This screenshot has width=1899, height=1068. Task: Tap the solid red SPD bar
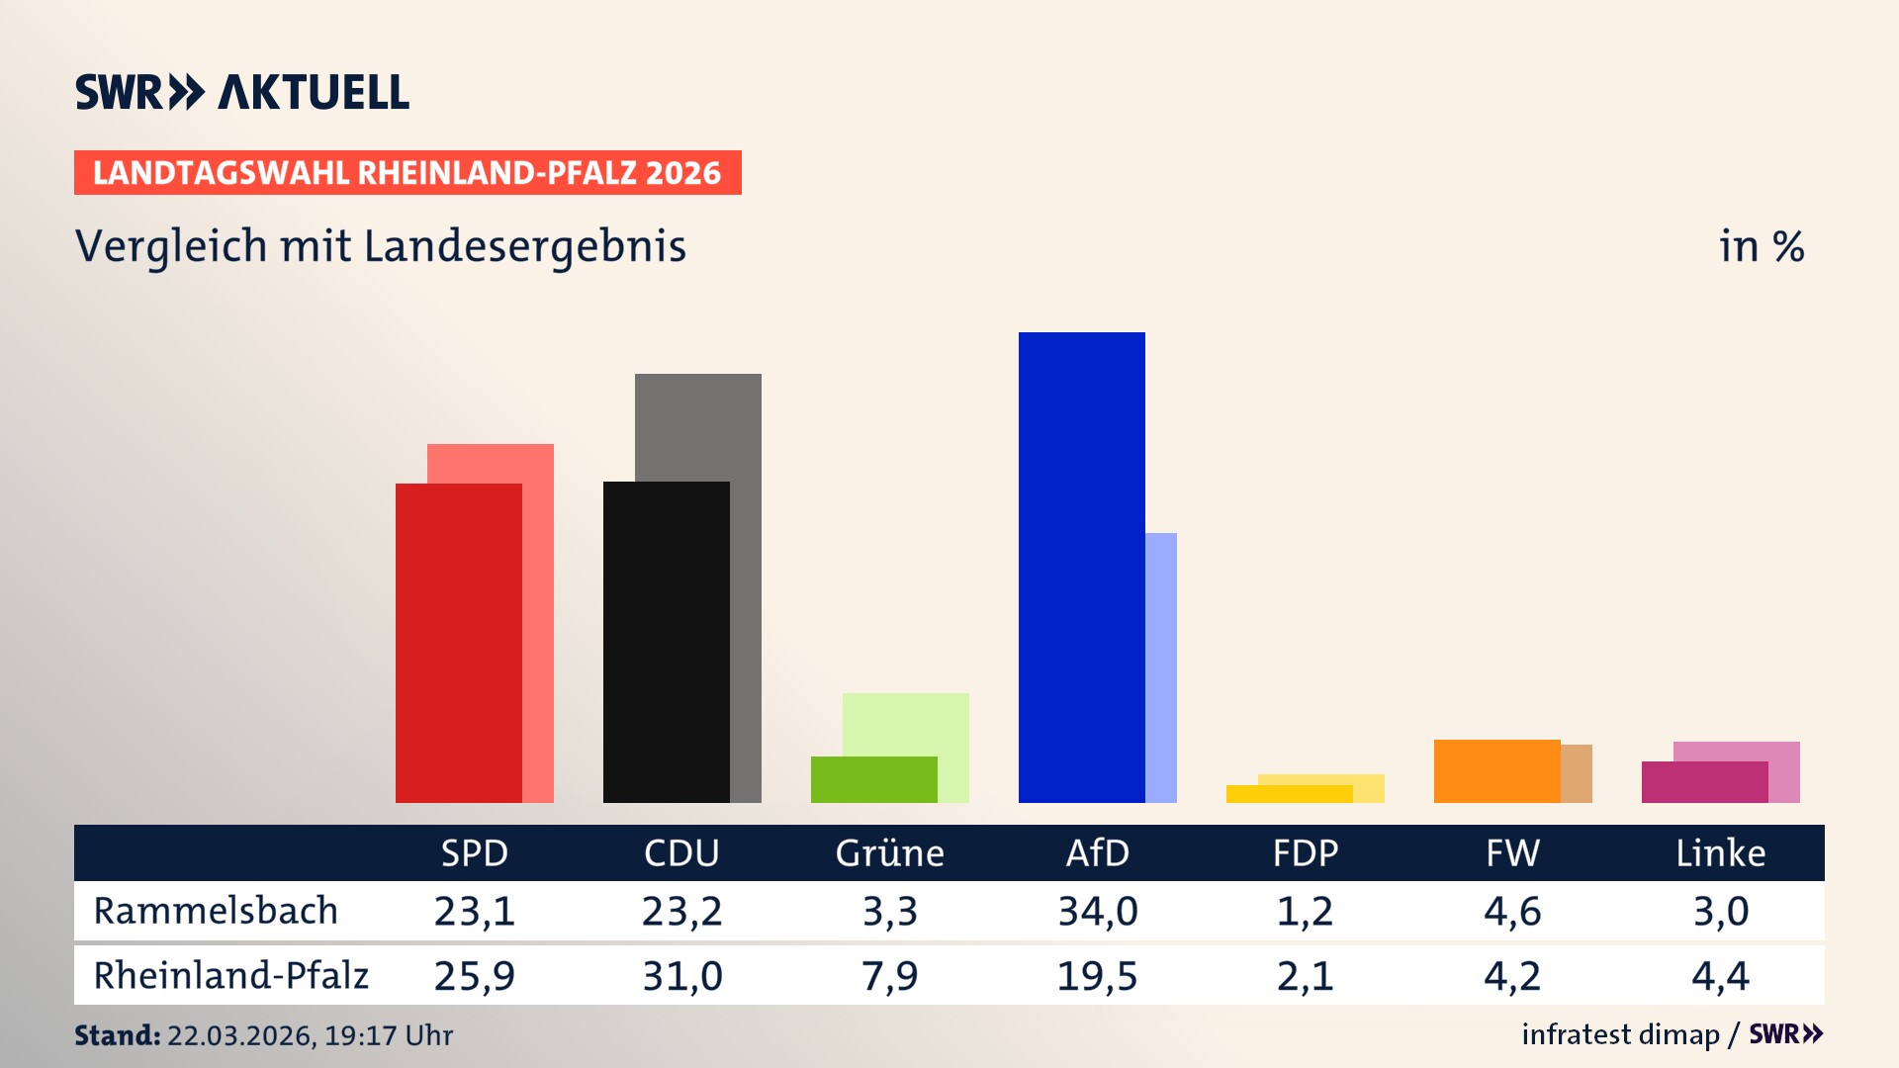coord(458,643)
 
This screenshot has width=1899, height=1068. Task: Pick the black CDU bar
coord(666,643)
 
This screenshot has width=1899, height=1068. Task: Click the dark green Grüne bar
coord(873,779)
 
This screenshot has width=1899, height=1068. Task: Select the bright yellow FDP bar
coord(1289,794)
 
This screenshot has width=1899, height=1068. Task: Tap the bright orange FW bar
coord(1496,771)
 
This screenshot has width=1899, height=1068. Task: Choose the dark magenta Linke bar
coord(1704,782)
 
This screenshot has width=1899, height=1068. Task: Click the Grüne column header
coord(889,853)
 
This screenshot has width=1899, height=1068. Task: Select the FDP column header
coord(1305,853)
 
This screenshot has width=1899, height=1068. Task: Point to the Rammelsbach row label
coord(216,911)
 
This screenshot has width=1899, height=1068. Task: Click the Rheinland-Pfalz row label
coord(230,976)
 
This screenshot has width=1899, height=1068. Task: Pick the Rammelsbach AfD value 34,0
coord(1097,911)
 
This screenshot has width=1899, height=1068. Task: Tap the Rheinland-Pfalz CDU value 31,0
coord(681,976)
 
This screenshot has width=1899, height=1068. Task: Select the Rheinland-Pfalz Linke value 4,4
coord(1720,976)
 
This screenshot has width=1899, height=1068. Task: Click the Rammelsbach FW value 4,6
coord(1512,911)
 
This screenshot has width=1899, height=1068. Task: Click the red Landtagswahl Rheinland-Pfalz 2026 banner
coord(407,173)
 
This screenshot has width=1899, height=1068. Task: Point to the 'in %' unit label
coord(1761,246)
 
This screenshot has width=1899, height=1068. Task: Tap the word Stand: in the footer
coord(117,1035)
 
